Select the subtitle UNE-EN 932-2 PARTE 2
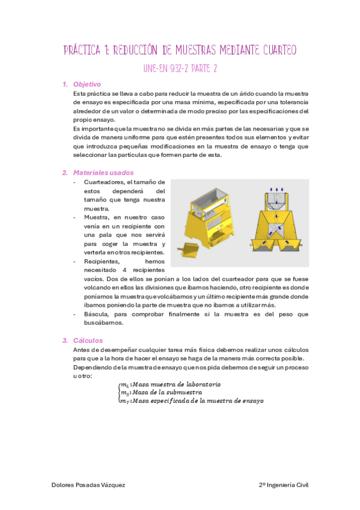(x=180, y=68)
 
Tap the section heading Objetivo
(x=87, y=84)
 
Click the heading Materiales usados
(x=99, y=173)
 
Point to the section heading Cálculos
(x=88, y=340)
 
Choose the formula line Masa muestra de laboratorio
(x=170, y=384)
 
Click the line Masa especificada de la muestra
(x=191, y=401)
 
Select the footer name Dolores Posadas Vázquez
(x=88, y=485)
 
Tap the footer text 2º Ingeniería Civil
(x=283, y=485)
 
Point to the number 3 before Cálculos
(x=65, y=340)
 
